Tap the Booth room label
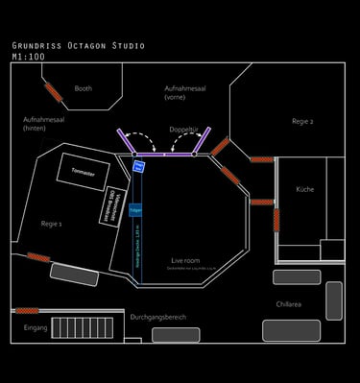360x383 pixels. click(84, 88)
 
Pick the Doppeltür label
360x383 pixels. click(182, 128)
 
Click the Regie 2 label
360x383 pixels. click(302, 121)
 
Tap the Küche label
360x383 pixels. click(304, 189)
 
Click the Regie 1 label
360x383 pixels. click(52, 223)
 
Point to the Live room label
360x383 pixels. click(185, 260)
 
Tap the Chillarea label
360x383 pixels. click(289, 303)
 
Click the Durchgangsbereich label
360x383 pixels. click(158, 316)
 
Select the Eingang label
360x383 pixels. click(36, 327)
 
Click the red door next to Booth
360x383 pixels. click(54, 92)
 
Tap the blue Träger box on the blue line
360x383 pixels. click(135, 208)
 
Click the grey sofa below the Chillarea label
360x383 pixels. click(291, 330)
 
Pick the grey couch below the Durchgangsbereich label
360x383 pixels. click(176, 335)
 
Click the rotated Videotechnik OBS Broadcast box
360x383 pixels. click(111, 205)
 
